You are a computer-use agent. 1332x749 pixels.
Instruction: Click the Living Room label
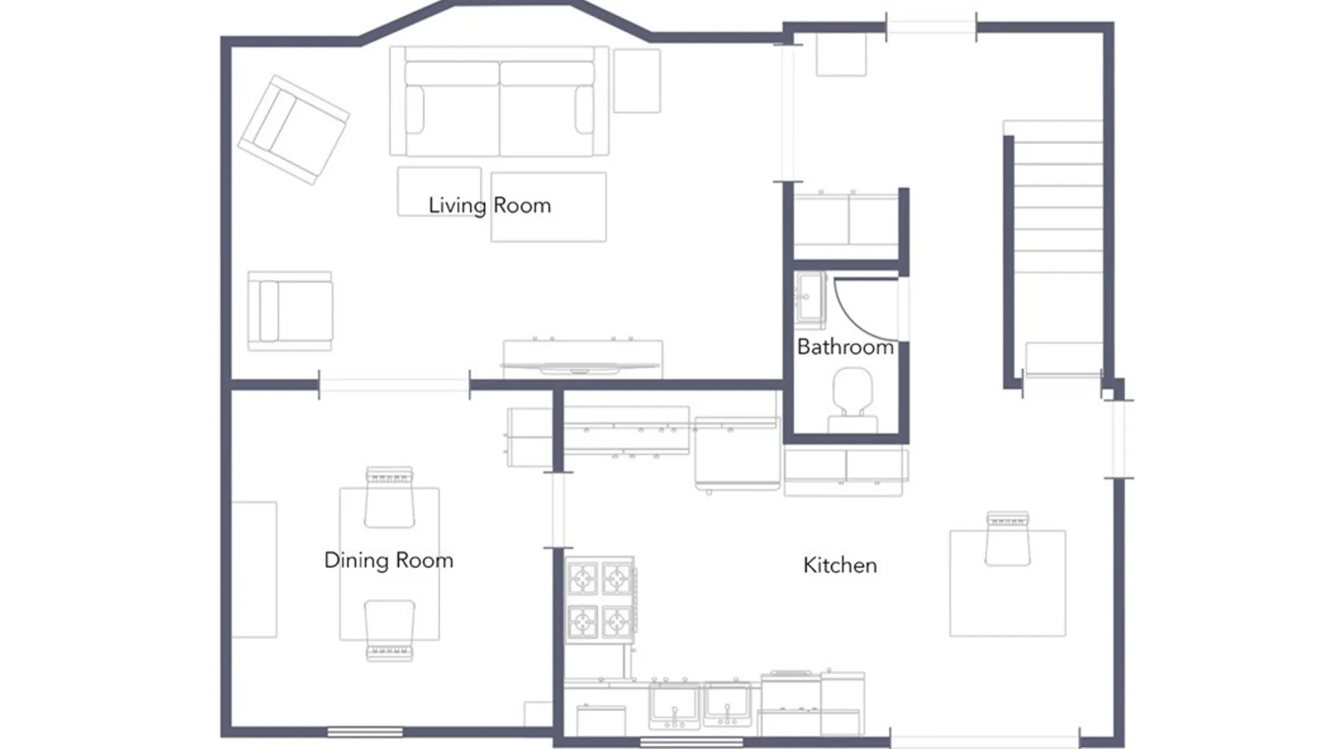(489, 205)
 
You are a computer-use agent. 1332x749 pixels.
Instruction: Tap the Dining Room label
(388, 560)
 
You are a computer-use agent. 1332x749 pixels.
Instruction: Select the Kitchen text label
(840, 565)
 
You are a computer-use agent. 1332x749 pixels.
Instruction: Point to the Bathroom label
(845, 347)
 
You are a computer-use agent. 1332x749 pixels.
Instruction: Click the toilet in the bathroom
(853, 400)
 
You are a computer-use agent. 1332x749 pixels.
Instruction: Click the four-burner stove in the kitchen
(600, 600)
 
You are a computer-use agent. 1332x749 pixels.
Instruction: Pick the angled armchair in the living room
(293, 130)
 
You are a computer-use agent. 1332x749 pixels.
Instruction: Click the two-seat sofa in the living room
(499, 101)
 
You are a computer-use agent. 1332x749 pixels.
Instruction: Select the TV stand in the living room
(582, 358)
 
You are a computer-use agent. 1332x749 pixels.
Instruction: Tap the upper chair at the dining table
(389, 497)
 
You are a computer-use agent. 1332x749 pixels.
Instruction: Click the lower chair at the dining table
(389, 630)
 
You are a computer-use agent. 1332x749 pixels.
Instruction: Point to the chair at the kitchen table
(1007, 538)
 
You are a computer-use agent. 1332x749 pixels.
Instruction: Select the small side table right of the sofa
(637, 80)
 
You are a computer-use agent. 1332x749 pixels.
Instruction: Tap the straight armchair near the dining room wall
(290, 311)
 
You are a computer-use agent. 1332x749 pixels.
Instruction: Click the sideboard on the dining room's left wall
(254, 569)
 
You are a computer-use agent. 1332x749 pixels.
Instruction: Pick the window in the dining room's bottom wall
(365, 732)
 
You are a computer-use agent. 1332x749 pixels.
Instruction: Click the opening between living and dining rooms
(394, 384)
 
